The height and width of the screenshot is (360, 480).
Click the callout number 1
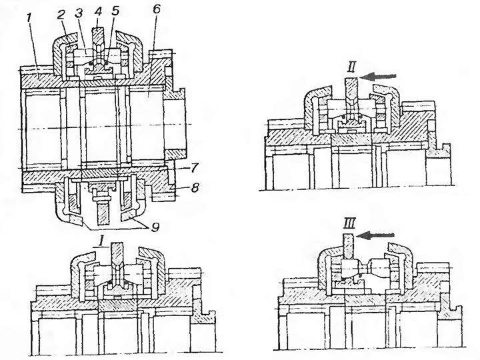(x=29, y=19)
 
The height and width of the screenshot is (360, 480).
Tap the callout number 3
(x=79, y=13)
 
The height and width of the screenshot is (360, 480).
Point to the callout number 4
(x=97, y=11)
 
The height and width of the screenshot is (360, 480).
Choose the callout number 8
(x=194, y=187)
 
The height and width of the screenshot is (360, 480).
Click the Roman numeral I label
(x=101, y=242)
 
